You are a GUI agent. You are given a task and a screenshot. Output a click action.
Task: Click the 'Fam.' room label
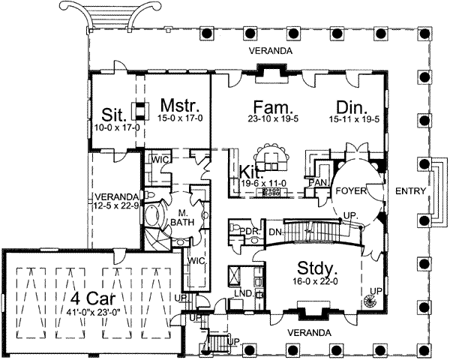tap(273, 107)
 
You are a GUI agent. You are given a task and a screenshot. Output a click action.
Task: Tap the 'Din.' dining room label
tap(352, 107)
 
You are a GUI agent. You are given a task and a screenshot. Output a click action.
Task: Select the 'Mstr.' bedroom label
tap(180, 105)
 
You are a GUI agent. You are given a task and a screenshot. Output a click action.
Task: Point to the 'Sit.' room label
tap(114, 115)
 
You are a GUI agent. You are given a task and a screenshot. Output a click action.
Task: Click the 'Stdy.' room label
tap(316, 268)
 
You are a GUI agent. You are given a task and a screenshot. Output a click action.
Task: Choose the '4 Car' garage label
tap(93, 298)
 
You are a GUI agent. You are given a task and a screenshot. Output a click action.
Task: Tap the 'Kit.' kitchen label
tap(251, 172)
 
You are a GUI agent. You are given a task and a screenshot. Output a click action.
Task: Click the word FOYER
tap(351, 191)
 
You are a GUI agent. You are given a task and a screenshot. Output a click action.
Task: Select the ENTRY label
tap(410, 191)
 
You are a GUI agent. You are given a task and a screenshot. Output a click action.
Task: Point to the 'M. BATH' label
tap(182, 217)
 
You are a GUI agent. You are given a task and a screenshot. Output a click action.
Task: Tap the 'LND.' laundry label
tap(244, 293)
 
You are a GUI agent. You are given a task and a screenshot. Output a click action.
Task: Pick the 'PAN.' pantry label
tap(318, 182)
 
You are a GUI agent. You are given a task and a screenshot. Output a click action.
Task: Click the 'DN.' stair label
tap(276, 232)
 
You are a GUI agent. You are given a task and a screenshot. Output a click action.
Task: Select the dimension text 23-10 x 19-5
tap(273, 118)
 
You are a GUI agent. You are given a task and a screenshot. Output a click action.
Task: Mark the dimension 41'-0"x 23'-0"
tap(93, 311)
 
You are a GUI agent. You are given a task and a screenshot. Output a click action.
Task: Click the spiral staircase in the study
tap(370, 302)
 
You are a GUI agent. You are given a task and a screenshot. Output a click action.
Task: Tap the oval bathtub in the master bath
tap(151, 215)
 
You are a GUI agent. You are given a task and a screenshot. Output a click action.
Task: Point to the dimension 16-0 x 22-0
tap(314, 282)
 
